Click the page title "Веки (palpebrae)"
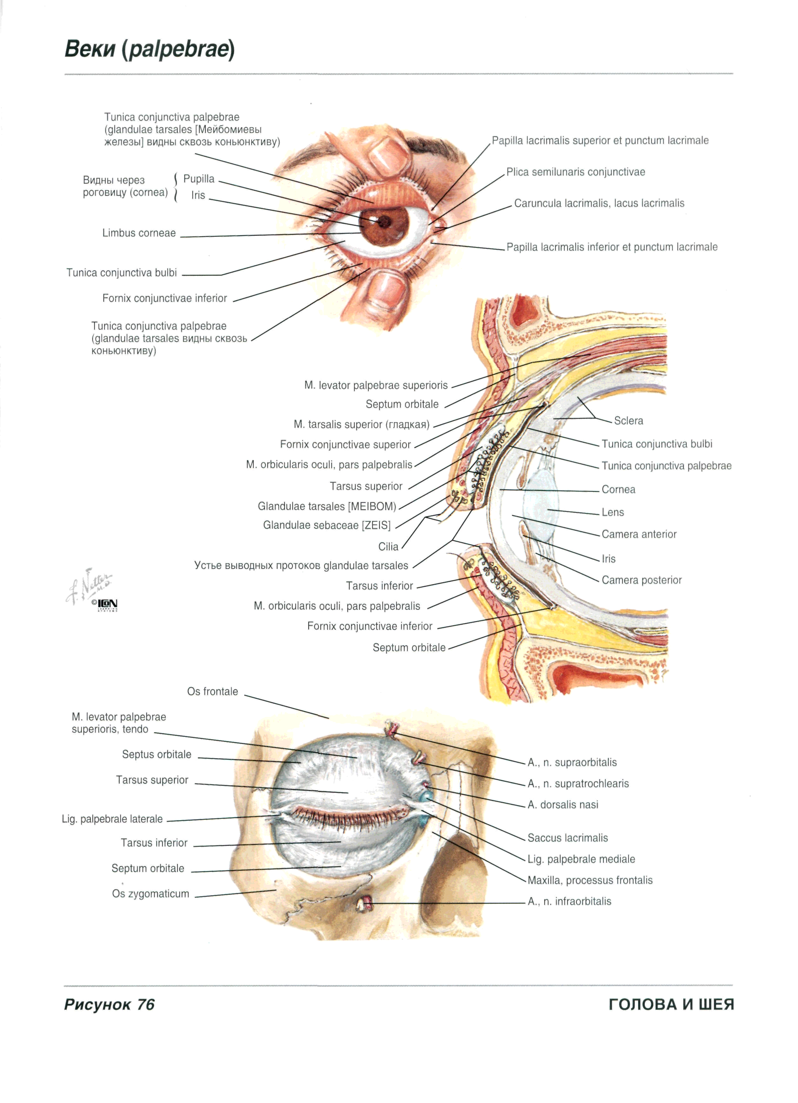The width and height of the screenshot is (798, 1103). click(x=149, y=49)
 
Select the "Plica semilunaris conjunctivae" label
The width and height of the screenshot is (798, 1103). click(x=575, y=172)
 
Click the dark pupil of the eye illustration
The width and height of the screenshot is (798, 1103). click(x=384, y=222)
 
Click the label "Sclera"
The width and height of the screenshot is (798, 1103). click(x=628, y=421)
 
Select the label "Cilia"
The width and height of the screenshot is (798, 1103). click(x=388, y=547)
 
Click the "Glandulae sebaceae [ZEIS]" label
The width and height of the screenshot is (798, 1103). click(x=327, y=525)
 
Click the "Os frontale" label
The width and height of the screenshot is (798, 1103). click(x=213, y=691)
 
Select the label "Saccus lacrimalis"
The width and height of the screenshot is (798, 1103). click(x=567, y=837)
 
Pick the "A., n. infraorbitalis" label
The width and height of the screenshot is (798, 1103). click(x=569, y=901)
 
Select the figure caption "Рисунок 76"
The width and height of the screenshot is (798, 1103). click(x=109, y=1004)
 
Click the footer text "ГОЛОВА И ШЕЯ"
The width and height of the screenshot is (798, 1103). click(x=671, y=1004)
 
